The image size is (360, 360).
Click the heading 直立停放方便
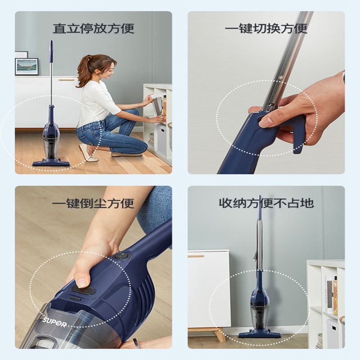point(94,28)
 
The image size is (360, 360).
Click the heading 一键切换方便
point(266,29)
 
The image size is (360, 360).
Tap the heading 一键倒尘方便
point(93,203)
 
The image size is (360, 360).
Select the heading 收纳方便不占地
point(266,203)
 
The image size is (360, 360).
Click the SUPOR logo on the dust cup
point(54,322)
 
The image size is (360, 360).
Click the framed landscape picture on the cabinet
point(27,66)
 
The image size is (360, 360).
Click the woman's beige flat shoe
point(88,154)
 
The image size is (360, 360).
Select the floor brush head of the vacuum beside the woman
point(51,163)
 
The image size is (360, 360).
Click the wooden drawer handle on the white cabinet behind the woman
point(67,80)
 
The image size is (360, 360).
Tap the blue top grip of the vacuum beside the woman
point(51,51)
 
